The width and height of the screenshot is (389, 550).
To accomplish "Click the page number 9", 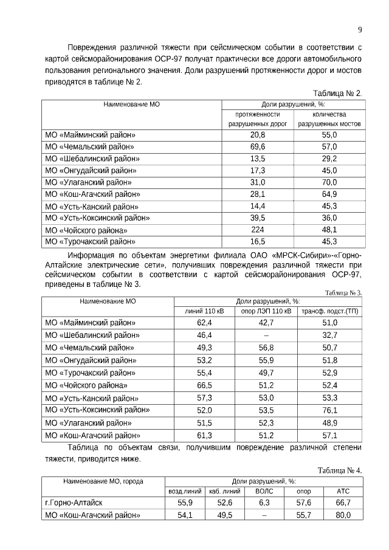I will coord(360,30).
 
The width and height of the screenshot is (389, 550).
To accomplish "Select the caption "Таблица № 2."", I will coord(337,93).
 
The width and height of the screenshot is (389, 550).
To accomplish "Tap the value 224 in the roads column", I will coord(258,230).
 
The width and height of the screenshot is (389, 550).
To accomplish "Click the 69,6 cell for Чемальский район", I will coord(258,146).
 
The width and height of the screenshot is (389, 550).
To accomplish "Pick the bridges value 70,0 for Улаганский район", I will coord(329,182).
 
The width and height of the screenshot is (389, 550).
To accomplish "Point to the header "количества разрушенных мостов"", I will coord(329,119).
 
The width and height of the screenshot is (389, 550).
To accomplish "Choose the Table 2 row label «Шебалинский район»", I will coord(91,159).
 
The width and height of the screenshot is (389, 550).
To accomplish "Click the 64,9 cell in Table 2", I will coord(329,194).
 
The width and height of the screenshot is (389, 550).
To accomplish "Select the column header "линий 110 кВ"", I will coord(204,311).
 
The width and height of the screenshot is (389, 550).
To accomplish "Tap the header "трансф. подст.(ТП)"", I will coord(330,311).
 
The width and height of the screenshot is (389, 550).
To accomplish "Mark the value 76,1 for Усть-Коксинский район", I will coord(330,410).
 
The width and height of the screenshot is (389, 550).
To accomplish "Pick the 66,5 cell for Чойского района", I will coord(204,385).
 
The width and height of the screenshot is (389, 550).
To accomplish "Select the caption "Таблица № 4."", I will coord(340,470).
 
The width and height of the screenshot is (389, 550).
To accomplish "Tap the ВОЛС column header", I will coord(264,491).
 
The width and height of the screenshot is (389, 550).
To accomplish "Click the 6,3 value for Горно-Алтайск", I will coord(264,503).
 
